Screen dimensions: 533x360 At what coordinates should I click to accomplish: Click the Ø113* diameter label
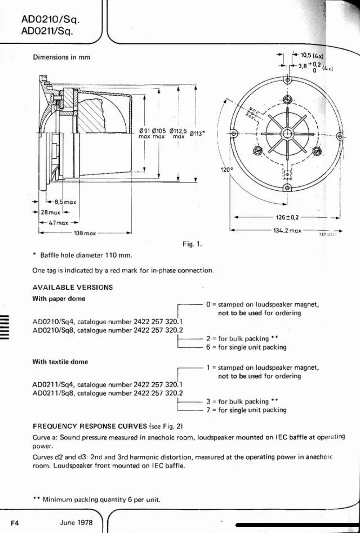pyautogui.click(x=198, y=133)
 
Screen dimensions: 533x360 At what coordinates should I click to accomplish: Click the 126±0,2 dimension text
pyautogui.click(x=287, y=217)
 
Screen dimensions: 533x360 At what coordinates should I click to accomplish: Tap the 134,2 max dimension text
pyautogui.click(x=287, y=230)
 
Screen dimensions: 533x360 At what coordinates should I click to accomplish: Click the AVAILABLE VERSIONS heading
pyautogui.click(x=73, y=287)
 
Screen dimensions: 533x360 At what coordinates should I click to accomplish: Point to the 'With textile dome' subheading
pyautogui.click(x=60, y=362)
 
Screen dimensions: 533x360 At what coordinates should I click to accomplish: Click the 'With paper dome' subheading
pyautogui.click(x=59, y=299)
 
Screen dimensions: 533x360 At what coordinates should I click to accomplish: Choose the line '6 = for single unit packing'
pyautogui.click(x=246, y=347)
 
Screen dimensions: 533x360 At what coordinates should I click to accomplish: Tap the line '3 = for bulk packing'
pyautogui.click(x=243, y=401)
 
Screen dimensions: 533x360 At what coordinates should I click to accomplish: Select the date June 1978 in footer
pyautogui.click(x=76, y=522)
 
